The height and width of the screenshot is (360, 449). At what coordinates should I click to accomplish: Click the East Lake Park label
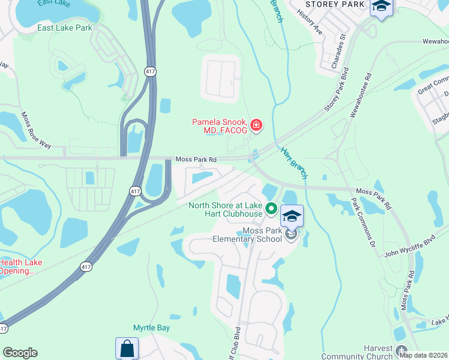(x=65, y=28)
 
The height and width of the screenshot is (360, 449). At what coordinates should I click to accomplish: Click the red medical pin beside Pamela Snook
(x=256, y=125)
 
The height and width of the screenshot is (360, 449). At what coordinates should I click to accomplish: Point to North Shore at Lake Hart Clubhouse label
(x=225, y=209)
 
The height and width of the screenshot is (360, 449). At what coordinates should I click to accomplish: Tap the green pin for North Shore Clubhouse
(x=271, y=209)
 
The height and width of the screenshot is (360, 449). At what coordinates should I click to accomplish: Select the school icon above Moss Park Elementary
(x=292, y=216)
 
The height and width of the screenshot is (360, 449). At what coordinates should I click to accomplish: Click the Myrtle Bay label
(x=151, y=328)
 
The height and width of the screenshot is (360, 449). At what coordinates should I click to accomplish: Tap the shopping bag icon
(x=127, y=348)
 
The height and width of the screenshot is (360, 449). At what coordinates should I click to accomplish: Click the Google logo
(x=20, y=353)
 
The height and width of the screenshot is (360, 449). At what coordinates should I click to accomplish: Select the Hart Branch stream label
(x=295, y=162)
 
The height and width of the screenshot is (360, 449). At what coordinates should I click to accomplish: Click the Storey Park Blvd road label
(x=337, y=94)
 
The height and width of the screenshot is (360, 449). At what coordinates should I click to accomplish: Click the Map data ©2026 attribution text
(x=423, y=355)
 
